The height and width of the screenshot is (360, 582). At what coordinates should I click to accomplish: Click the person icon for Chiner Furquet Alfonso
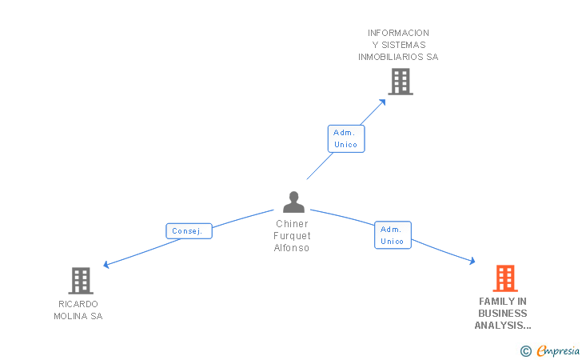[293, 202]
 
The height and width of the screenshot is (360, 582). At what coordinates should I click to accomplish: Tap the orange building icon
[504, 278]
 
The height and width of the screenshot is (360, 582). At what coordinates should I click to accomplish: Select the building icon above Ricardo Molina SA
[81, 281]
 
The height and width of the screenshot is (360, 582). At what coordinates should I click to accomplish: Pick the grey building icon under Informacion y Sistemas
[400, 82]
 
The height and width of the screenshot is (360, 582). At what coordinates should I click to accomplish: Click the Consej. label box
[189, 231]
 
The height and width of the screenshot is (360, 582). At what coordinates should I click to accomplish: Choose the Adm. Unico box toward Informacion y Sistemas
[346, 138]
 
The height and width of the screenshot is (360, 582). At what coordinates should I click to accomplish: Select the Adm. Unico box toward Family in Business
[393, 235]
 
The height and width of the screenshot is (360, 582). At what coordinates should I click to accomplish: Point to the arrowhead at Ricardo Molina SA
[106, 265]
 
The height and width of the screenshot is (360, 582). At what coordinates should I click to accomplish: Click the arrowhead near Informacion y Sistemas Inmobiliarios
[383, 101]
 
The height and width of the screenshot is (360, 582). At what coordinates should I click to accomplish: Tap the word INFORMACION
[398, 33]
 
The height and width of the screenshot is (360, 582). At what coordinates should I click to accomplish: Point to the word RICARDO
[78, 304]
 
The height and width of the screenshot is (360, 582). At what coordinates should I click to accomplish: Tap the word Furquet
[292, 236]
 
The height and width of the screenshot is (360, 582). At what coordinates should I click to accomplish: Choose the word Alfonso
[292, 248]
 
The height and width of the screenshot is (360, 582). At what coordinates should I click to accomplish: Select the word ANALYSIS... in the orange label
[503, 326]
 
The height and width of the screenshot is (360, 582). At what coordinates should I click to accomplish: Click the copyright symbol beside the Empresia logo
[525, 350]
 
